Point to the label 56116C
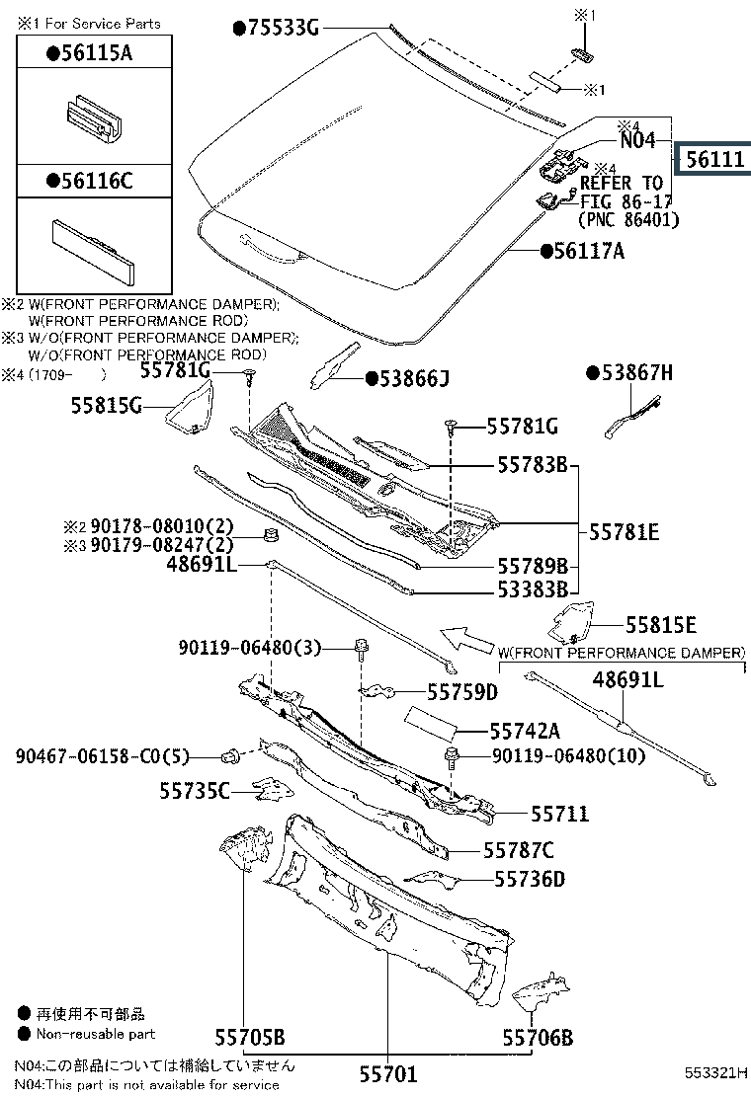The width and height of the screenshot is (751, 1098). click(95, 181)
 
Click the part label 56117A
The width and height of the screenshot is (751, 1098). click(589, 252)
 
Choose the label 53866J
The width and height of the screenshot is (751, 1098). click(413, 378)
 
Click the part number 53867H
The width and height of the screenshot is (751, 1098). click(635, 372)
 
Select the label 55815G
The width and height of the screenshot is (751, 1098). click(107, 405)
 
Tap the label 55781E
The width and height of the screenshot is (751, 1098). click(624, 532)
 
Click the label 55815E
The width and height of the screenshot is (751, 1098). click(660, 625)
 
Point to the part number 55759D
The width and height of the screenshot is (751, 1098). click(461, 692)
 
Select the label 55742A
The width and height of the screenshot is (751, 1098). click(525, 731)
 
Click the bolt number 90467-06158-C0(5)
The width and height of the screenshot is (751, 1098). click(102, 756)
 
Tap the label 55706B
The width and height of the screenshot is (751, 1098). click(538, 1038)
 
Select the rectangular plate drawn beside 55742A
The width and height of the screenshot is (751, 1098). click(429, 723)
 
